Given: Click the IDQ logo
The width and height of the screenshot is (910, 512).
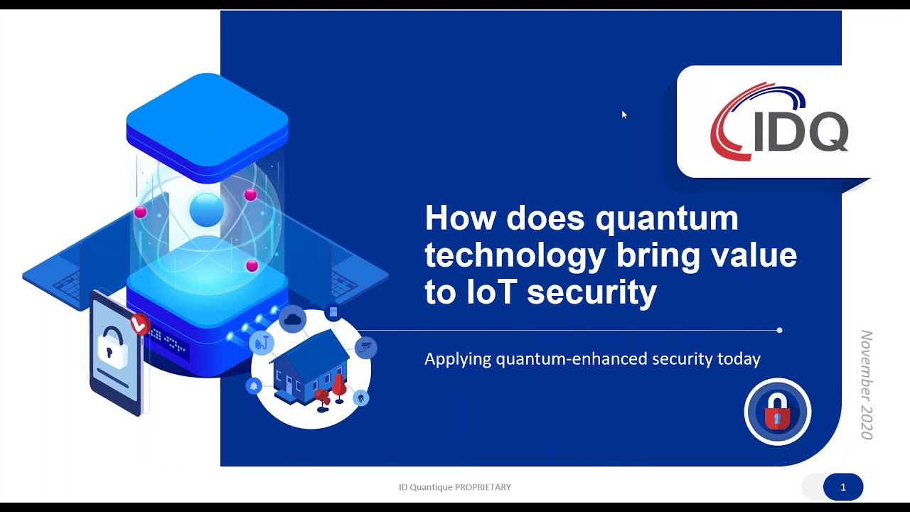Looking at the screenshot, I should pyautogui.click(x=779, y=122).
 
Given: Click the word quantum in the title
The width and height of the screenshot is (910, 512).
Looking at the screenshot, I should pyautogui.click(x=667, y=218).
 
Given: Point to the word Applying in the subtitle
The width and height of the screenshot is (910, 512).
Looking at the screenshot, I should pyautogui.click(x=458, y=360).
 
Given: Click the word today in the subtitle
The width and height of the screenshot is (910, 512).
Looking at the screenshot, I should pyautogui.click(x=739, y=359).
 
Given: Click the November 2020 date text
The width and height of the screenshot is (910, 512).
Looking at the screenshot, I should pyautogui.click(x=867, y=384).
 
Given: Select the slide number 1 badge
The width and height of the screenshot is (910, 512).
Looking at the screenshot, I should pyautogui.click(x=843, y=487).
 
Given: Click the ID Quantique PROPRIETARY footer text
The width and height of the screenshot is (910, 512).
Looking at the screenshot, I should pyautogui.click(x=455, y=487).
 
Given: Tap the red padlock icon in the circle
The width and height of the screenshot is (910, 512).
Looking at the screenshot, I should pyautogui.click(x=777, y=412).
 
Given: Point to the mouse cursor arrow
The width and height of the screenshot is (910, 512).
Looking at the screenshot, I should pyautogui.click(x=623, y=114).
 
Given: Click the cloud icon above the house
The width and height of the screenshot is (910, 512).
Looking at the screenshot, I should pyautogui.click(x=293, y=320).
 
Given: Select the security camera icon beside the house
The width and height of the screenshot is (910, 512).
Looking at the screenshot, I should pyautogui.click(x=366, y=348).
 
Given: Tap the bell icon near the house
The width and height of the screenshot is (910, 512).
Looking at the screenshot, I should pyautogui.click(x=254, y=386).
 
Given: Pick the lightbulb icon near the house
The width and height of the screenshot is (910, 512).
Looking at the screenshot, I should pyautogui.click(x=361, y=398).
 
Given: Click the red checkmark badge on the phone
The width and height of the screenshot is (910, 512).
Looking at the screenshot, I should pyautogui.click(x=140, y=325).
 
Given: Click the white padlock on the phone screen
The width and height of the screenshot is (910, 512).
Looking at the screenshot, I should pyautogui.click(x=112, y=347).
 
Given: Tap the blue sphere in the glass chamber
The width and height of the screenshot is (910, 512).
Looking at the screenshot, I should pyautogui.click(x=207, y=210).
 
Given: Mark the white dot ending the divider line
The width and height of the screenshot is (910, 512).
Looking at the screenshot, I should pyautogui.click(x=780, y=330).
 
